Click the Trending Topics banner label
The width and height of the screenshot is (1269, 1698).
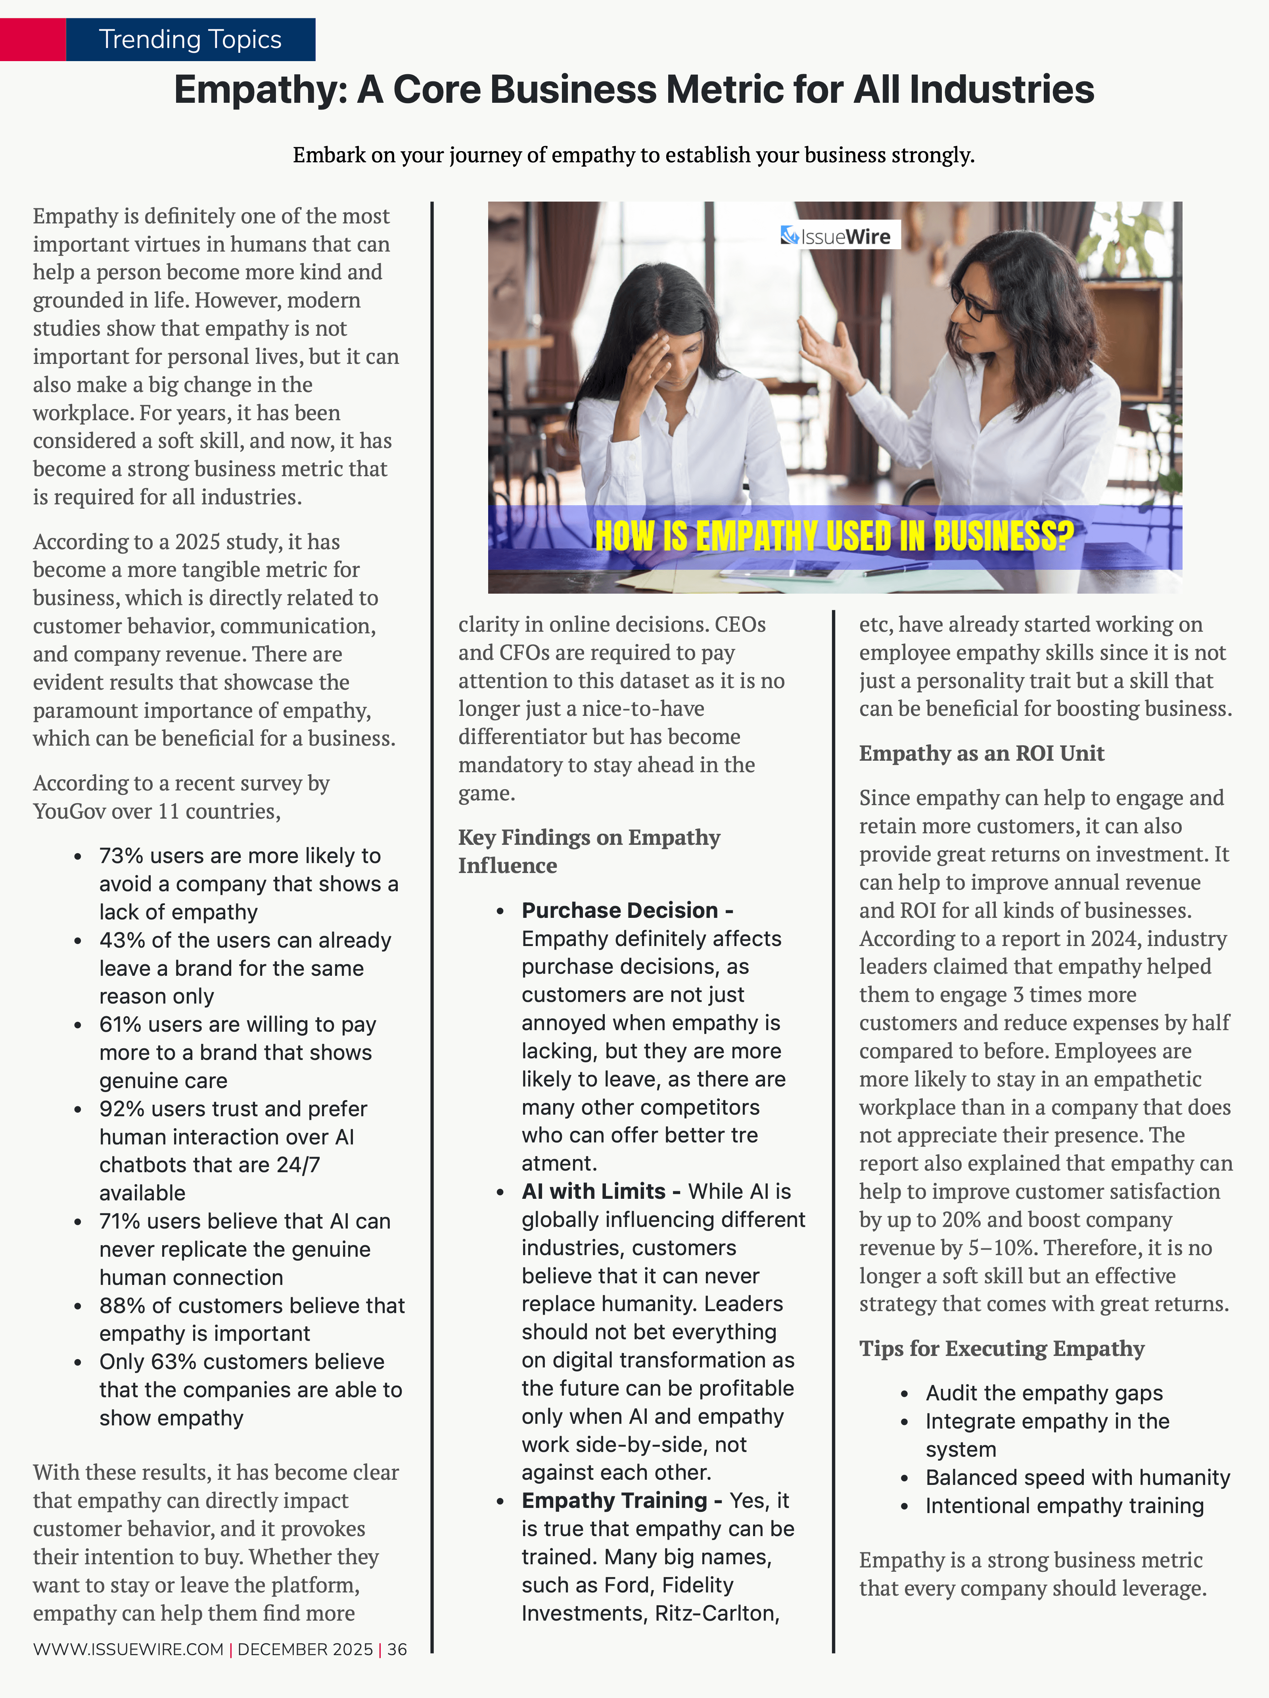coord(190,39)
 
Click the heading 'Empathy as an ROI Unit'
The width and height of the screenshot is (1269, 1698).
coord(981,753)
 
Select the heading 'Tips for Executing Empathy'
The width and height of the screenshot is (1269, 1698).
coord(1001,1349)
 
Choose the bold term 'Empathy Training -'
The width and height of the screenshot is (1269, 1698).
coord(621,1501)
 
